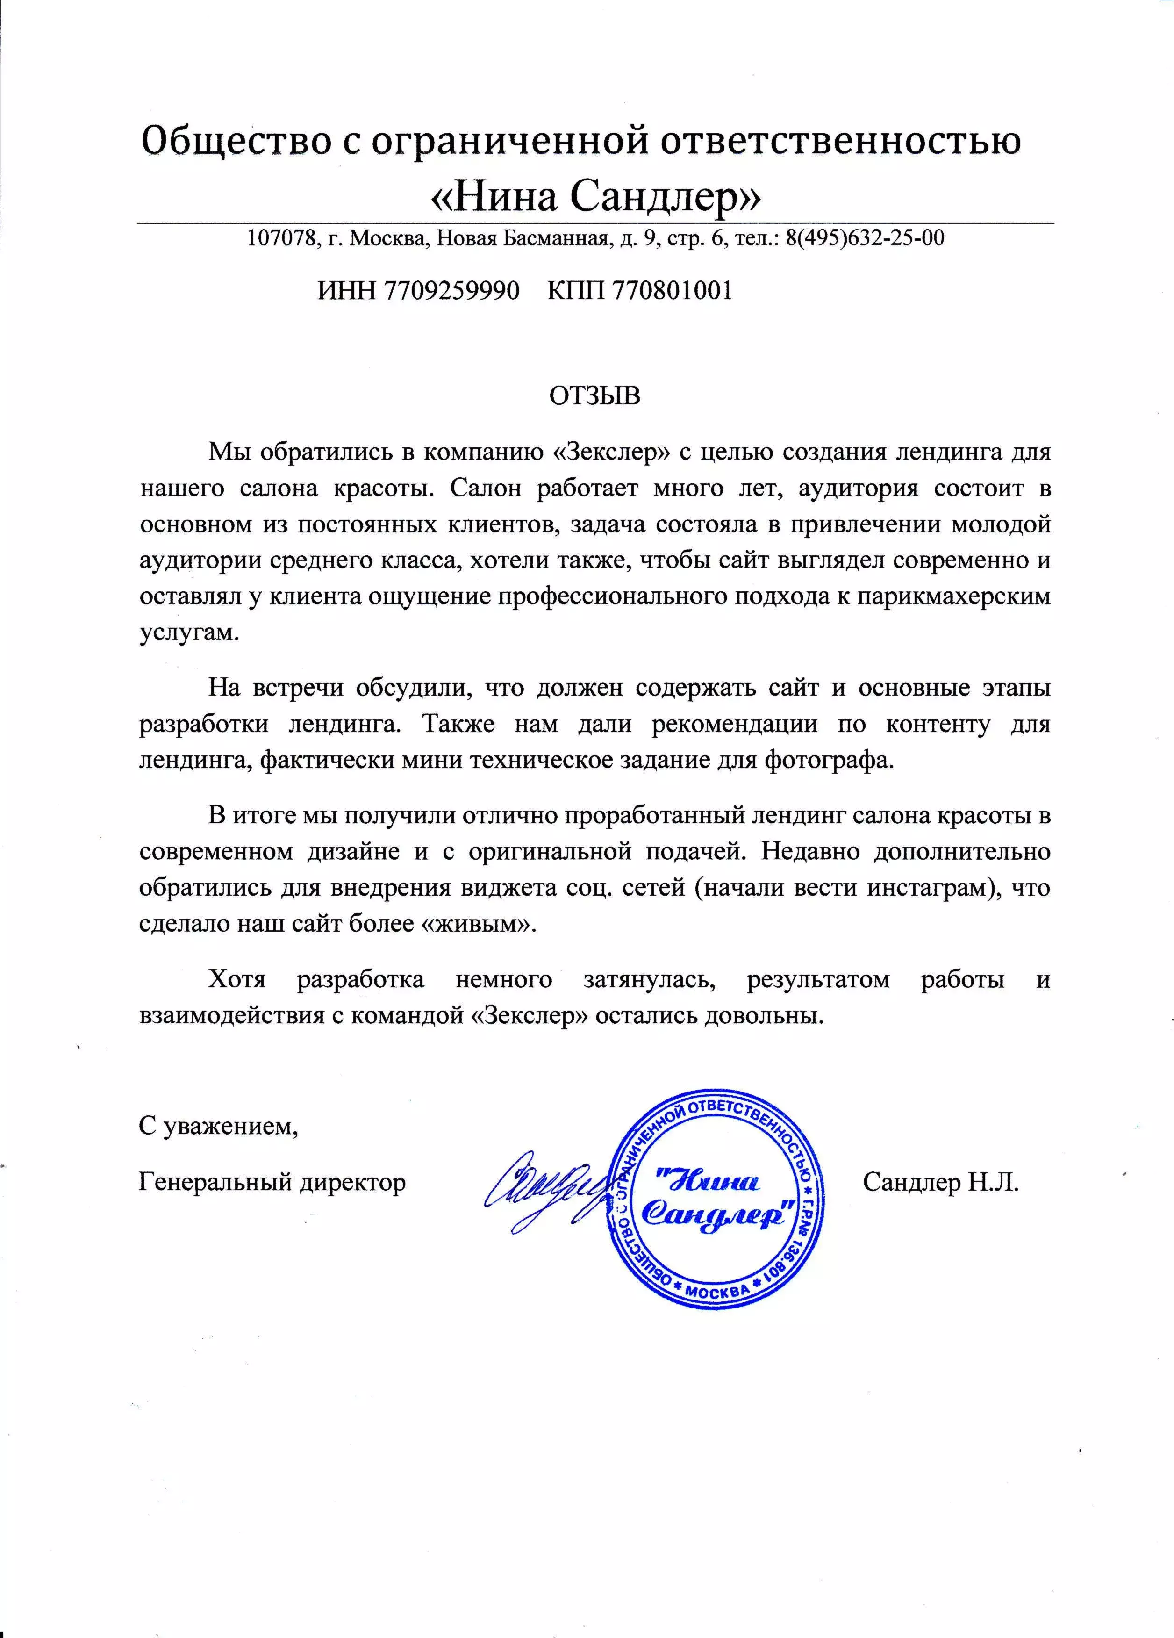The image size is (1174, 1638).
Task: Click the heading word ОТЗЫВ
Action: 595,396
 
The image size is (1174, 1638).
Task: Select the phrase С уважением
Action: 219,1126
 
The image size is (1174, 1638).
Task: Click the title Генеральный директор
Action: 272,1182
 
